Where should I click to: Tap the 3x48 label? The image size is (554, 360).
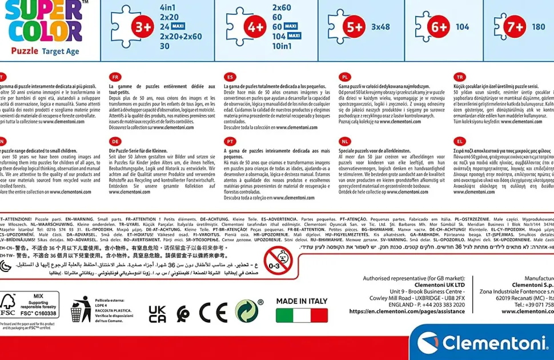380,27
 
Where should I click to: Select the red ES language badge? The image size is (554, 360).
230,77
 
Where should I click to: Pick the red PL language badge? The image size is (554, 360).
344,77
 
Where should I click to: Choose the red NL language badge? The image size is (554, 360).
344,141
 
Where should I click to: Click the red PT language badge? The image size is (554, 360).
230,141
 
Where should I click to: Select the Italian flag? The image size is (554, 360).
302,315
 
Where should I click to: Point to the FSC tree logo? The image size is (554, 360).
8,305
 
